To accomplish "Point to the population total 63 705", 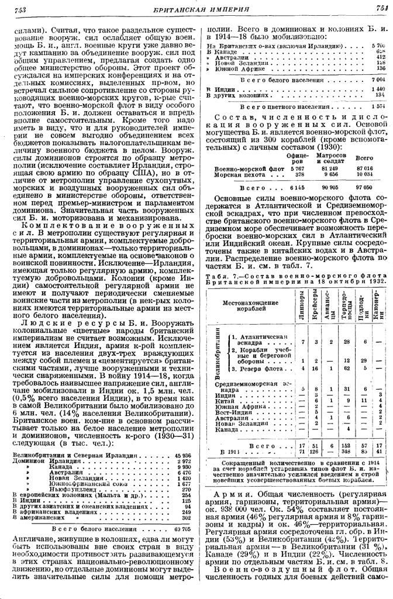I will click(x=182, y=528).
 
